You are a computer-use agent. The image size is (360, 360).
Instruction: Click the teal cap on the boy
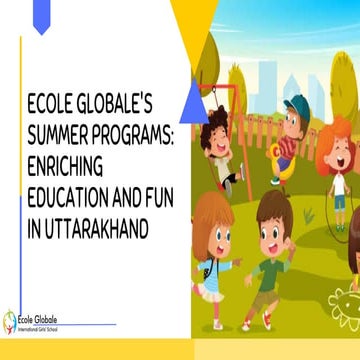298,104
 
